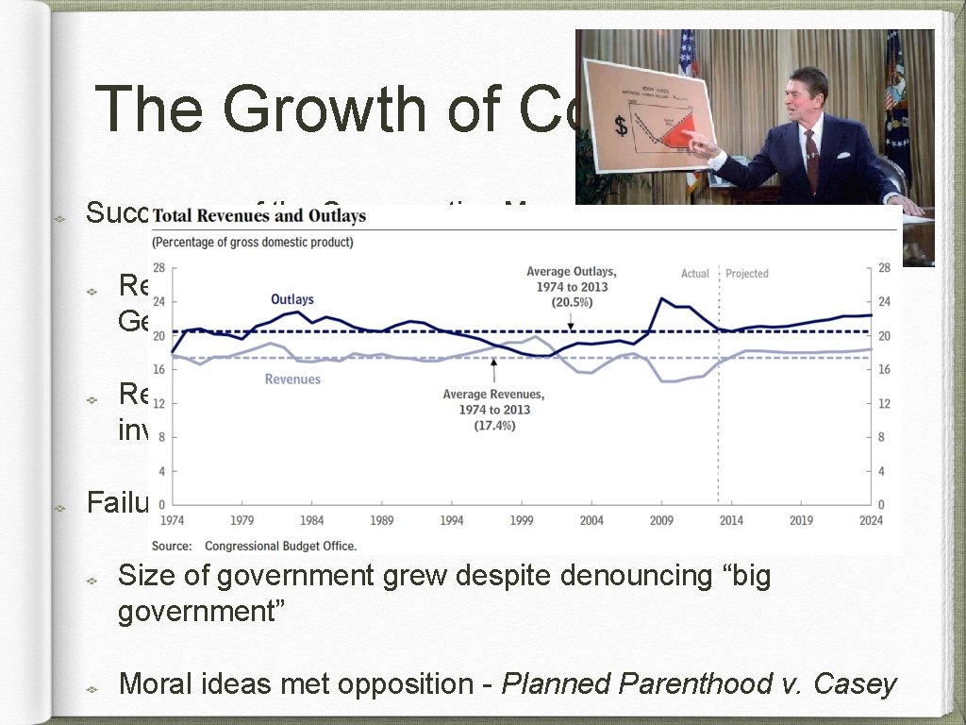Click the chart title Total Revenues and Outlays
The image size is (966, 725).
[x=258, y=216]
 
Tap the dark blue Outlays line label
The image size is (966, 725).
[x=291, y=299]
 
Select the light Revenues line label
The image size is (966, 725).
[x=292, y=379]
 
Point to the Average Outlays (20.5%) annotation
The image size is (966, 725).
[x=571, y=286]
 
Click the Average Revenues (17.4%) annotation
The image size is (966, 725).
[x=493, y=410]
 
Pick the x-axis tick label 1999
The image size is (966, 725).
[x=521, y=520]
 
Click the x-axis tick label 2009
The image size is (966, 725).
[x=661, y=520]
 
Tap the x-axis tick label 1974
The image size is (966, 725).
[x=173, y=520]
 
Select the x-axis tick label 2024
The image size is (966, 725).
[x=871, y=520]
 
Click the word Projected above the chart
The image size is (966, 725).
[x=747, y=274]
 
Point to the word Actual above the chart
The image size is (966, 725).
[x=694, y=274]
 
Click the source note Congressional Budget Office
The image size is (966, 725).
[x=280, y=546]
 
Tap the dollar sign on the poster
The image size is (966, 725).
[x=621, y=125]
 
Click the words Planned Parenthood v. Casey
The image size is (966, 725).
[x=698, y=683]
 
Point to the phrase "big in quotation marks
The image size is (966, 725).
[x=745, y=575]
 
